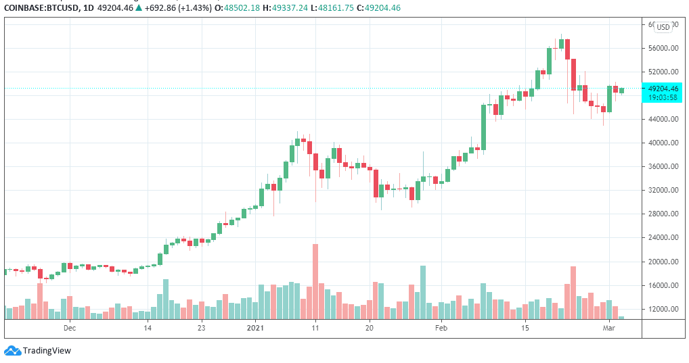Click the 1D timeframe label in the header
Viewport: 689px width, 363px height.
coord(84,8)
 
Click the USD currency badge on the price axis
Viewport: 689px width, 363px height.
coord(663,27)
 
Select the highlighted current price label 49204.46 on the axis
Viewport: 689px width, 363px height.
coord(663,89)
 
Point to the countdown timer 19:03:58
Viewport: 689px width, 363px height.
coord(663,97)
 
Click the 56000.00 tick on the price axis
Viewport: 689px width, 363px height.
coord(663,48)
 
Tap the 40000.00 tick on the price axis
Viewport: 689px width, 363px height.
coord(663,143)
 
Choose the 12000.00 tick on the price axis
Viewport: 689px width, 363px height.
coord(663,310)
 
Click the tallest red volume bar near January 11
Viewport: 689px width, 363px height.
coord(315,281)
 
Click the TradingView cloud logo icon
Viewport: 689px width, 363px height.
coord(12,350)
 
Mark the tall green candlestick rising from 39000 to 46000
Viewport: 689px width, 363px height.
coord(484,126)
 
